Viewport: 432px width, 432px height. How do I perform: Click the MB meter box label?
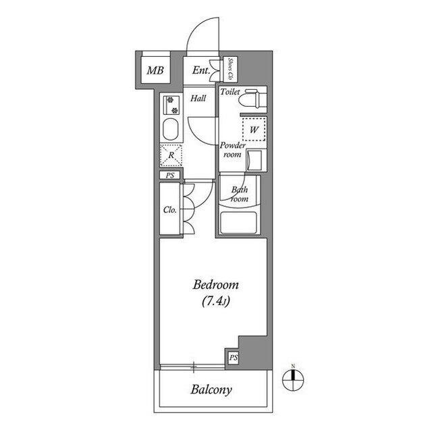155,70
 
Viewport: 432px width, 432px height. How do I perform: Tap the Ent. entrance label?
201,70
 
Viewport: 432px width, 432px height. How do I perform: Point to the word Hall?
198,98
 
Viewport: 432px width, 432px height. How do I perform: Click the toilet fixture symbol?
253,99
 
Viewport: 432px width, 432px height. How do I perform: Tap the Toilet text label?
230,91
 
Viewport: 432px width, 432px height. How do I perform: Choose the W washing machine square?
254,129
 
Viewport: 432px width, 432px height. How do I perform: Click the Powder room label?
232,150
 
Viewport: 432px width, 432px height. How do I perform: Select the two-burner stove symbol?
171,105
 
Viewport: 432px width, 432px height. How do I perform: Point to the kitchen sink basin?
171,129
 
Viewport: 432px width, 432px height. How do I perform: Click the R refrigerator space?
171,155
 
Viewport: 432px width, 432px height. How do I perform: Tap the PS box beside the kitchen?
170,175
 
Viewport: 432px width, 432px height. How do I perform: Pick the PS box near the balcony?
233,358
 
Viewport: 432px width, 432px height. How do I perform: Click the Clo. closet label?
169,210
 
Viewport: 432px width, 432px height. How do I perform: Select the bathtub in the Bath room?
238,223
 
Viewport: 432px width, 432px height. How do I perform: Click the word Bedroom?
215,285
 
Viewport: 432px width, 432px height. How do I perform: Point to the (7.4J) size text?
216,302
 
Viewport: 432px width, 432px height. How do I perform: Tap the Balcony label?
211,390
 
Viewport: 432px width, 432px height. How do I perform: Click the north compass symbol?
293,380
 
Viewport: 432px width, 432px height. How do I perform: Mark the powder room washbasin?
254,160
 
